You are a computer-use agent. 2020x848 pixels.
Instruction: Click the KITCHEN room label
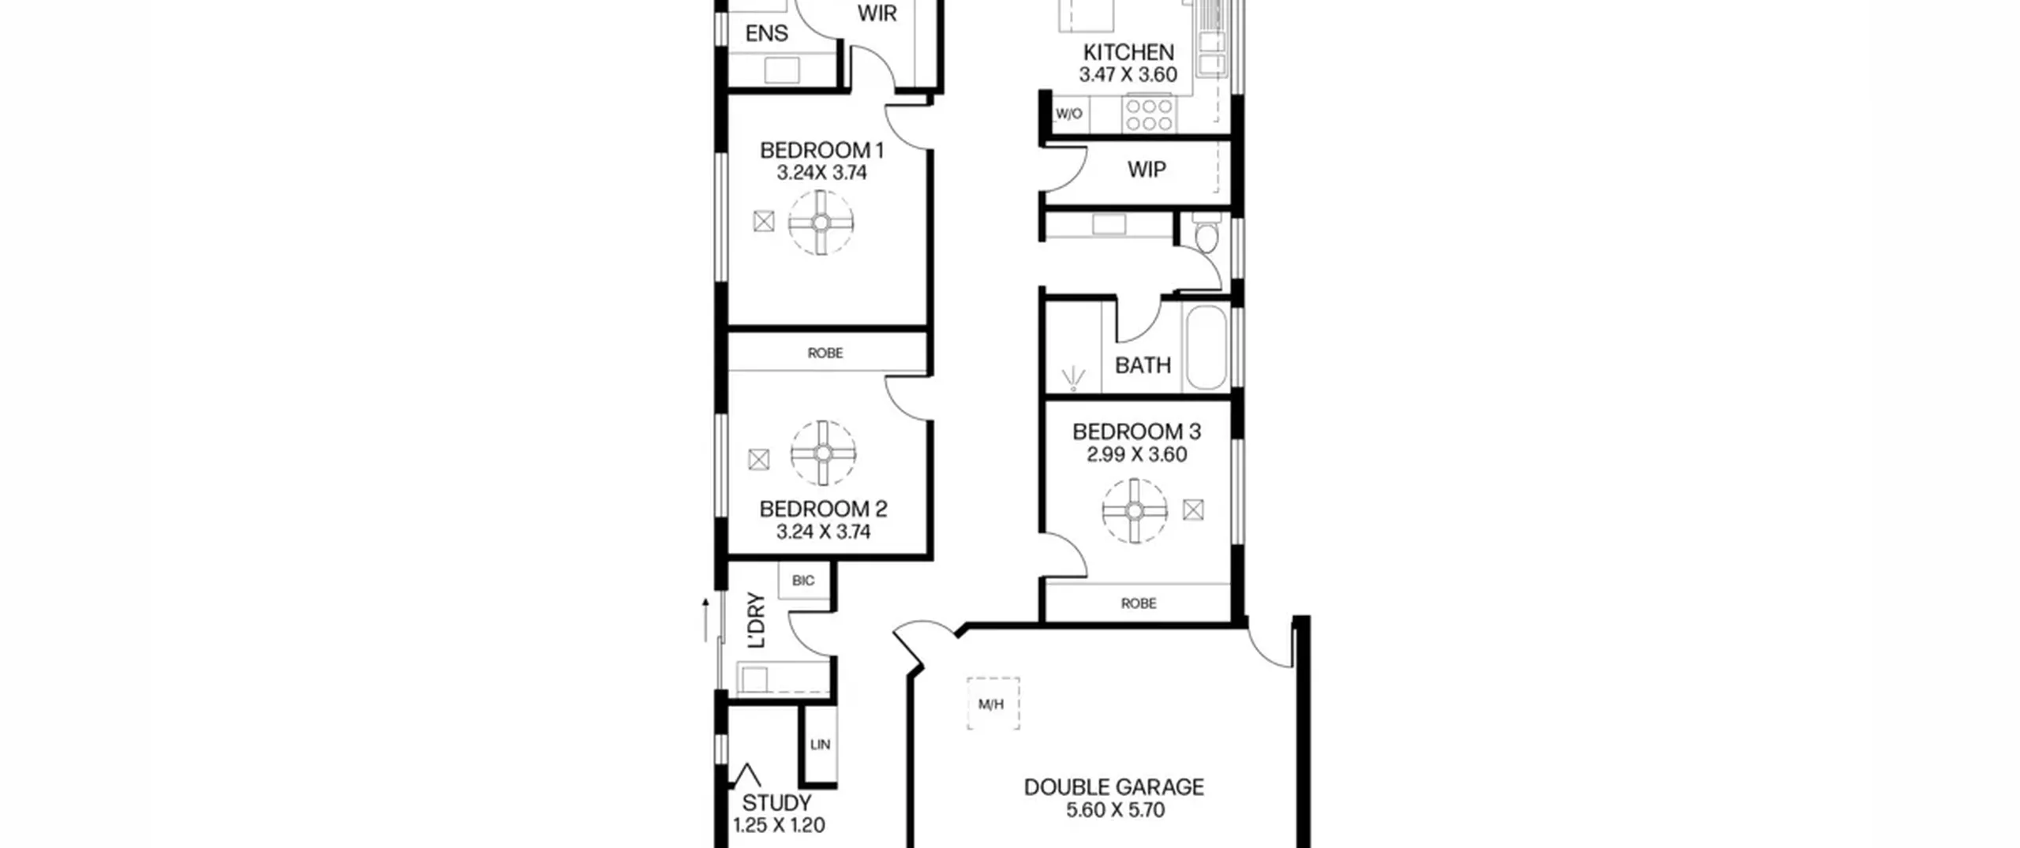[x=1128, y=52]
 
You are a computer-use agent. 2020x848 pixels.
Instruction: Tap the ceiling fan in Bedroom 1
[x=821, y=222]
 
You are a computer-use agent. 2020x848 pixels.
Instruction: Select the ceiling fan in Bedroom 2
[x=823, y=453]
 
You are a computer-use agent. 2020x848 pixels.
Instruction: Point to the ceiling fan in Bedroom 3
[x=1135, y=511]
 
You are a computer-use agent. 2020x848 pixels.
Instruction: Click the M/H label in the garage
[x=991, y=704]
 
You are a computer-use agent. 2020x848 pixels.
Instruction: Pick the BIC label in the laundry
[x=803, y=581]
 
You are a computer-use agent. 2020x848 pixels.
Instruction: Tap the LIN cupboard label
[x=820, y=744]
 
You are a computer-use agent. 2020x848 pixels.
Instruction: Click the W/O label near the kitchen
[x=1068, y=114]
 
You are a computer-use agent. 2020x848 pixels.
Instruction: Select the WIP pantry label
[x=1147, y=170]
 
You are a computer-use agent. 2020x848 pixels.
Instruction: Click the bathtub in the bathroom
[x=1206, y=347]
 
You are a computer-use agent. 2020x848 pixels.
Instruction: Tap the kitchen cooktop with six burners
[x=1149, y=115]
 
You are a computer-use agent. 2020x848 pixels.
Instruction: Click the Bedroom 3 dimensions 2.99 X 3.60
[x=1136, y=454]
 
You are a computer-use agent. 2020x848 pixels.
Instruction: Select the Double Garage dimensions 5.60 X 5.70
[x=1115, y=810]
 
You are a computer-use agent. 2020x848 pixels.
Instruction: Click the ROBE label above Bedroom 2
[x=825, y=353]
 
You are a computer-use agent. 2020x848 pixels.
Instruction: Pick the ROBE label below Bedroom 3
[x=1139, y=603]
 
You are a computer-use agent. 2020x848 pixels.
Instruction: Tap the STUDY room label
[x=776, y=803]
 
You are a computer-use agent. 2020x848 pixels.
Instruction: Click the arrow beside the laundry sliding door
[x=706, y=620]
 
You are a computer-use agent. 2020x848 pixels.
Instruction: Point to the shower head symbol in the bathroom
[x=1073, y=379]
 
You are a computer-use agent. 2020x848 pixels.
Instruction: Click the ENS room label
[x=766, y=33]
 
